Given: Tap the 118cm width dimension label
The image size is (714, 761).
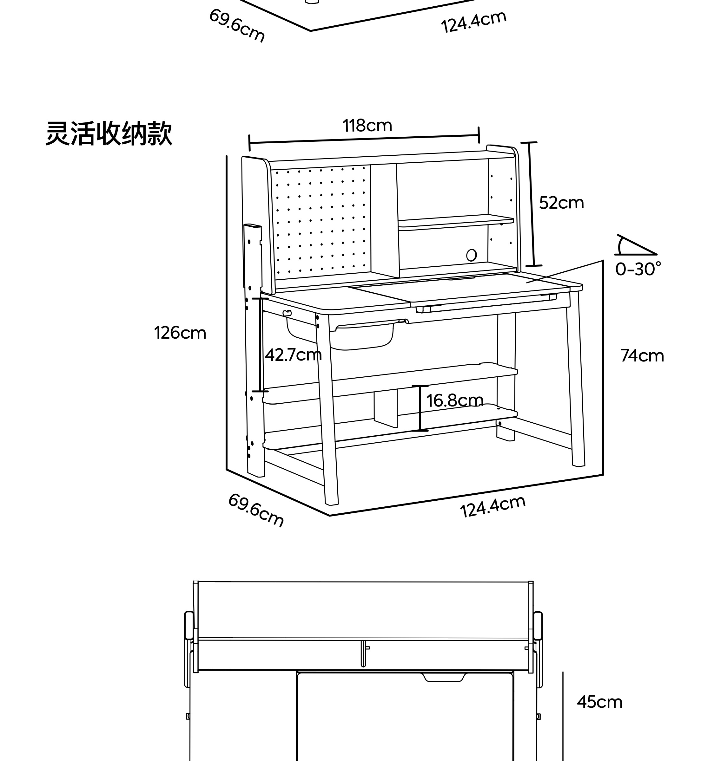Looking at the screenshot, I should pyautogui.click(x=367, y=126).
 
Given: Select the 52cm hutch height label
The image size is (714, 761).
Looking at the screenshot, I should pyautogui.click(x=561, y=203).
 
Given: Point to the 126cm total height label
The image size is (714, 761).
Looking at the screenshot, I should pyautogui.click(x=180, y=333).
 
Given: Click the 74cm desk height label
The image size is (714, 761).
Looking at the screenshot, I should pyautogui.click(x=642, y=356).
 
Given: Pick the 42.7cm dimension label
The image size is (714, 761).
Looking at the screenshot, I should pyautogui.click(x=293, y=355).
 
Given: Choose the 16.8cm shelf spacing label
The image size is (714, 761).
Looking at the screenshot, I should pyautogui.click(x=455, y=401).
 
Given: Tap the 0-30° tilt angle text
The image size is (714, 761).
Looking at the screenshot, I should pyautogui.click(x=638, y=270).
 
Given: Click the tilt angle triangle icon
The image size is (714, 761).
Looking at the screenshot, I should pyautogui.click(x=634, y=246).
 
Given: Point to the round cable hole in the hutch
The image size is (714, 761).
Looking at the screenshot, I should pyautogui.click(x=472, y=255).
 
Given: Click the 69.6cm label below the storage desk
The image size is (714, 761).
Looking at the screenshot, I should pyautogui.click(x=256, y=510).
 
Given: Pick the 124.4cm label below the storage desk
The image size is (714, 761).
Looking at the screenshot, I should pyautogui.click(x=493, y=506).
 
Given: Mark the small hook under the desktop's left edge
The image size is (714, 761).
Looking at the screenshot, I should pyautogui.click(x=287, y=313).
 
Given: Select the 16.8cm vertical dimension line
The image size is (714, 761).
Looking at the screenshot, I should pyautogui.click(x=420, y=408).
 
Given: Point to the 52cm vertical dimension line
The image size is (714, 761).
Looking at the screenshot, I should pyautogui.click(x=531, y=204).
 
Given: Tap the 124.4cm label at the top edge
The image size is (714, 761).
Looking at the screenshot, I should pyautogui.click(x=474, y=22).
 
